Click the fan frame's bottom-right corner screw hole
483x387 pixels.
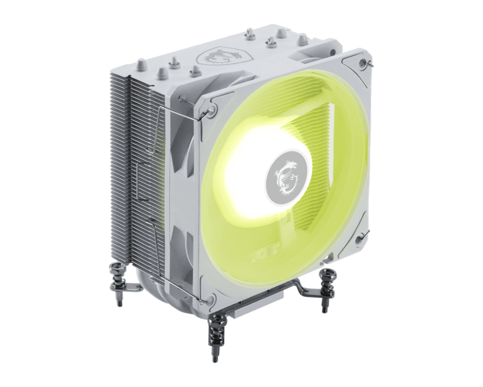pyautogui.click(x=361, y=238)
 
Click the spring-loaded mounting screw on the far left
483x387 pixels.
pyautogui.click(x=118, y=272)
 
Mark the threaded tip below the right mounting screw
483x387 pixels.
pyautogui.click(x=324, y=306)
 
